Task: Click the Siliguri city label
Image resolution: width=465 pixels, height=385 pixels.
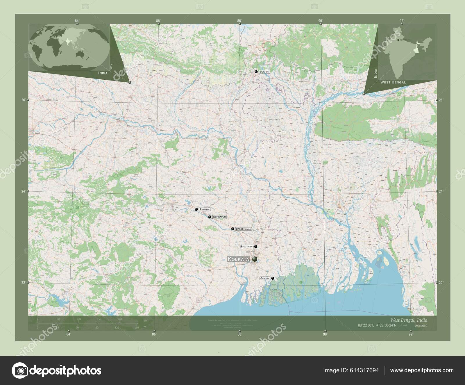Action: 264,72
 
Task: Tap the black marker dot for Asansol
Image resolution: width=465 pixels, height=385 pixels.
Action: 196,209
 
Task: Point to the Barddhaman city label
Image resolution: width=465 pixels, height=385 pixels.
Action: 243,229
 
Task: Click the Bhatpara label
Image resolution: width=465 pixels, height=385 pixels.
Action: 246,247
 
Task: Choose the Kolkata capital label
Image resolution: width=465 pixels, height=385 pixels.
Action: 239,259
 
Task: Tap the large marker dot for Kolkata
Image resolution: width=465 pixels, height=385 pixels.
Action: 255,259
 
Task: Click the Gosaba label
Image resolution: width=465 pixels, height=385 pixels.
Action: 265,278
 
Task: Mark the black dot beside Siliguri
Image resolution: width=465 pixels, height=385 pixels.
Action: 256,72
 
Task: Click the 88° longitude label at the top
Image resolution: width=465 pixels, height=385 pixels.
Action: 239,21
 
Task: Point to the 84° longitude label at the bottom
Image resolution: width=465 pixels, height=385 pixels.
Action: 68,334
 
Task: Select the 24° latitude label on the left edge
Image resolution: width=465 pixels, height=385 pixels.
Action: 23,191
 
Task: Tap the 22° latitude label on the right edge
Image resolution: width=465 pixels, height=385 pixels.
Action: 441,283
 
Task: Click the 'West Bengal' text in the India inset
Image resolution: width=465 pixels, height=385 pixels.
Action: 393,82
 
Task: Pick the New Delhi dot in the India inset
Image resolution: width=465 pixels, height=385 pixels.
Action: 398,40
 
